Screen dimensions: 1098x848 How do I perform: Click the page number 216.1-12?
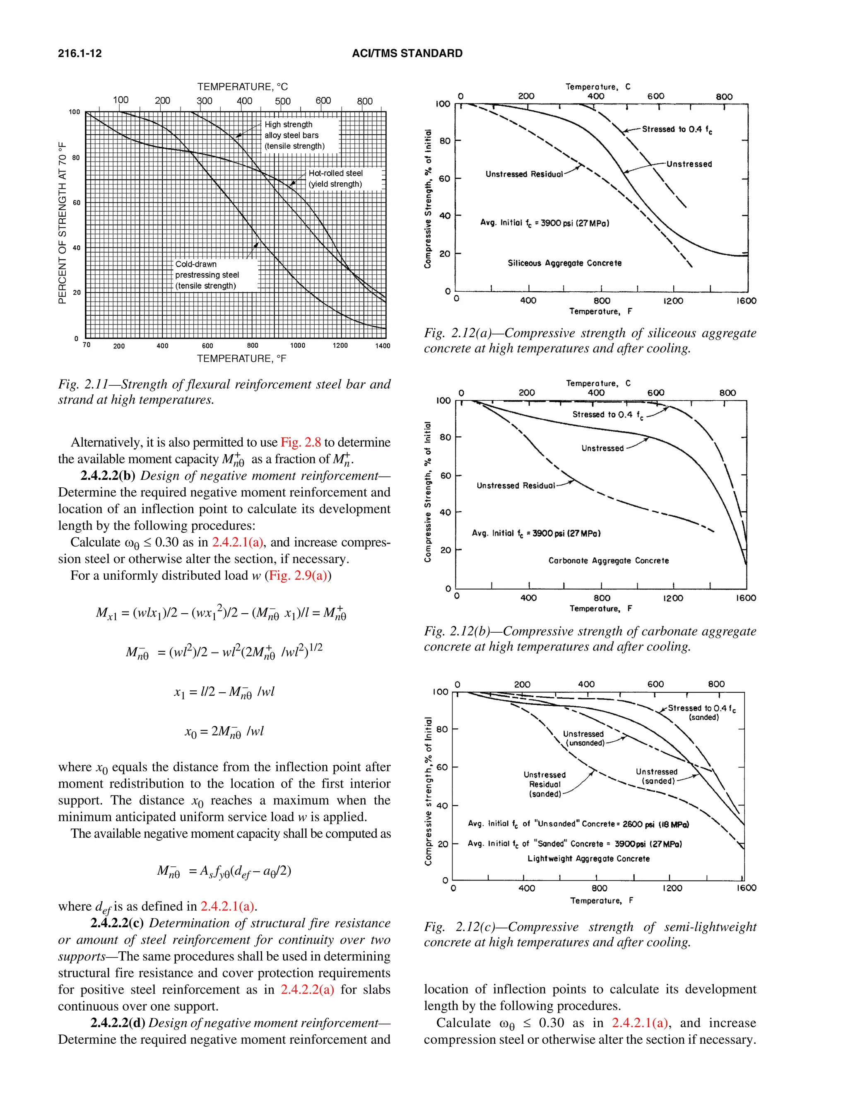pos(79,53)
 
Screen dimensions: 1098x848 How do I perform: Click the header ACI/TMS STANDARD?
pos(407,53)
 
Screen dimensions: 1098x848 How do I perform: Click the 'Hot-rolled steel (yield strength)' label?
pos(335,179)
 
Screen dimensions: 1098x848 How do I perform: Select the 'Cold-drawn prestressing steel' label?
pos(207,275)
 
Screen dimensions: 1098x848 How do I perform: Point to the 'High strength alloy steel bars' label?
pos(294,135)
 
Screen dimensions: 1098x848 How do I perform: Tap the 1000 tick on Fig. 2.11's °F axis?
pos(297,346)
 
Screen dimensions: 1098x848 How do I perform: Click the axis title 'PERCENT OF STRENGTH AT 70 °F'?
pos(62,223)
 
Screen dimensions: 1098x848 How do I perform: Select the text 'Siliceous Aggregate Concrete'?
pos(564,263)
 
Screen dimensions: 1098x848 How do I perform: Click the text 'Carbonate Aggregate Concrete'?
pos(608,561)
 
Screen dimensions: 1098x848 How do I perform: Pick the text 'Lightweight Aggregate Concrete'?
pos(588,859)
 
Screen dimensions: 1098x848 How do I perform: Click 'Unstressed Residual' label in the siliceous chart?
pos(524,174)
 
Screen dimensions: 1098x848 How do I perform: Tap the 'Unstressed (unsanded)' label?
pos(583,738)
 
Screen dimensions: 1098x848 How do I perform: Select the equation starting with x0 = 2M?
pos(224,731)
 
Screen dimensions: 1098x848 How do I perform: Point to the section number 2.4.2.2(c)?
pos(117,923)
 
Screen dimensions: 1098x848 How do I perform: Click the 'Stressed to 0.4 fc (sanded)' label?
pos(702,712)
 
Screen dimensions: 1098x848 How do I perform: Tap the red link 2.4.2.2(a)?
pos(307,989)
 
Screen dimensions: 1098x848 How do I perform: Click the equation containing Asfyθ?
pos(224,871)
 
